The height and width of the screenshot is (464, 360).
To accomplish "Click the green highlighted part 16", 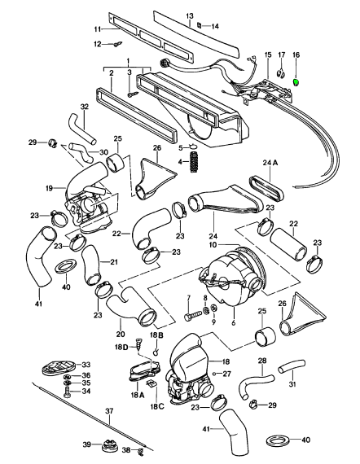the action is (296, 82).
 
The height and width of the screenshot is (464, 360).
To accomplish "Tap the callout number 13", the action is (190, 15).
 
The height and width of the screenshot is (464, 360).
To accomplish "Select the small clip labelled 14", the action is (200, 25).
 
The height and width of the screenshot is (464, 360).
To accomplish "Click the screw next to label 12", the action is (116, 44).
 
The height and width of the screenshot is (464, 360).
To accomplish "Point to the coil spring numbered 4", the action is (194, 162).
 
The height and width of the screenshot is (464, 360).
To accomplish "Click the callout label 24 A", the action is (270, 163).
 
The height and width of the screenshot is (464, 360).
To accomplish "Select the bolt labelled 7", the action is (193, 316).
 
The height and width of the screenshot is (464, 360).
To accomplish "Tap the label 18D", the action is (121, 347).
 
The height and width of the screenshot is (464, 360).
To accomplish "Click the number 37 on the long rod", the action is (109, 411).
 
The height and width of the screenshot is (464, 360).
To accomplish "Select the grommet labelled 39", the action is (108, 444).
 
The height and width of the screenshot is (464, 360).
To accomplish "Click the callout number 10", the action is (213, 245).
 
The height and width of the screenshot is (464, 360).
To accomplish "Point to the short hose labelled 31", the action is (292, 365).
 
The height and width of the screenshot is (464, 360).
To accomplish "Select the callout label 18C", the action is (156, 406).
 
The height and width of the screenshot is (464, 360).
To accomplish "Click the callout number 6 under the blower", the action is (234, 322).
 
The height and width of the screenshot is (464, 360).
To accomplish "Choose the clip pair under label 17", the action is (281, 73).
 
